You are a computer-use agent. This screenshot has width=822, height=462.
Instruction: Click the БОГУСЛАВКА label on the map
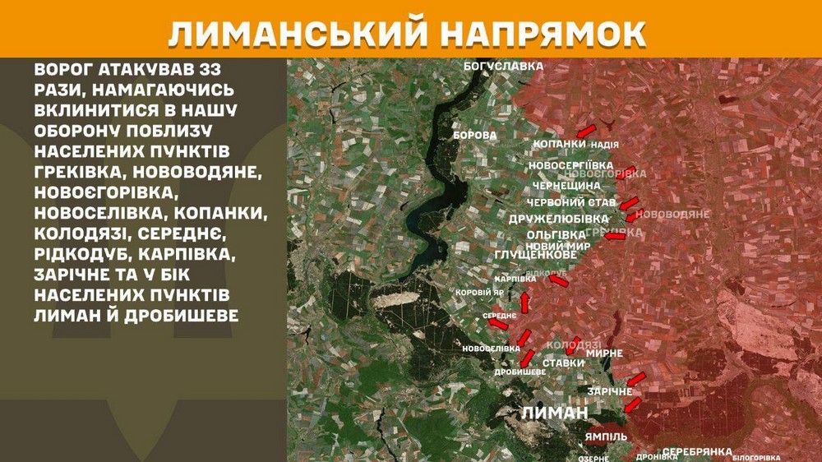click(x=503, y=65)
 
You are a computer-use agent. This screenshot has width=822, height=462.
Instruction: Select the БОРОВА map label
click(x=476, y=134)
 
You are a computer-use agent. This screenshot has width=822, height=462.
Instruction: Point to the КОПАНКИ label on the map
click(x=560, y=145)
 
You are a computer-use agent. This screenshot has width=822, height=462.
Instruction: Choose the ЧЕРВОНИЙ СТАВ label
click(x=570, y=202)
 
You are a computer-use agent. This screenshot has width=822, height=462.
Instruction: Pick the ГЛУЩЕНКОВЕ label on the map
click(x=535, y=256)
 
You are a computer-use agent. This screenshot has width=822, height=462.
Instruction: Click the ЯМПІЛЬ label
click(x=607, y=436)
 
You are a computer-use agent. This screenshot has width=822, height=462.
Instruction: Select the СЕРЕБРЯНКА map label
click(x=696, y=452)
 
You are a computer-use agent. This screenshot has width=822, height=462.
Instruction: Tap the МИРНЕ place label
click(x=604, y=353)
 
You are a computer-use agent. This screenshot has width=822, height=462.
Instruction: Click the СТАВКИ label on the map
click(x=563, y=363)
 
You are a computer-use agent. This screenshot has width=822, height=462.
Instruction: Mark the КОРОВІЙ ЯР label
click(x=480, y=292)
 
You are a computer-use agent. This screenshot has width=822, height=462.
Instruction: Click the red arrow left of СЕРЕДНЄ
click(x=496, y=324)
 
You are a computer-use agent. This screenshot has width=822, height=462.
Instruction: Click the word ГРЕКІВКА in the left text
click(x=79, y=173)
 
